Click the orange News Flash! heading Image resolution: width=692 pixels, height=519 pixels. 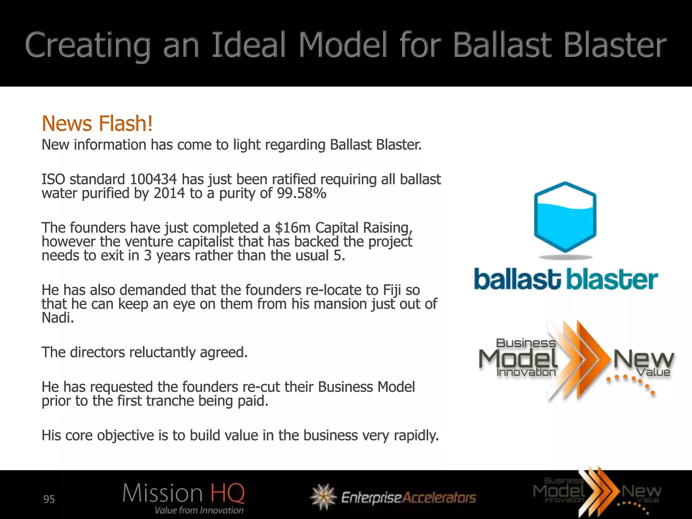pyautogui.click(x=97, y=123)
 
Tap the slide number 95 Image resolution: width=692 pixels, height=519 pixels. pyautogui.click(x=49, y=499)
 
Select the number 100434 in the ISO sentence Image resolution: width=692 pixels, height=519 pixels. pyautogui.click(x=153, y=179)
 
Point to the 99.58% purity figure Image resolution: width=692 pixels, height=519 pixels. pyautogui.click(x=301, y=193)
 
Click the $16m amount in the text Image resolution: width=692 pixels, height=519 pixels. pyautogui.click(x=293, y=228)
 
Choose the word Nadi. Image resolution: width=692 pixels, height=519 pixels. pyautogui.click(x=57, y=318)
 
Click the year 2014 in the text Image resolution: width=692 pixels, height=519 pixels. pyautogui.click(x=169, y=193)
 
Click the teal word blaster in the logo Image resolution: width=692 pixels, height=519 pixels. pyautogui.click(x=612, y=280)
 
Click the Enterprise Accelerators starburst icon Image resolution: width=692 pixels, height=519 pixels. pyautogui.click(x=323, y=497)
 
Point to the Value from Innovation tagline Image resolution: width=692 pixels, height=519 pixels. pyautogui.click(x=199, y=510)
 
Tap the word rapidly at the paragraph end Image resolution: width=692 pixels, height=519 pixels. pyautogui.click(x=416, y=435)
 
